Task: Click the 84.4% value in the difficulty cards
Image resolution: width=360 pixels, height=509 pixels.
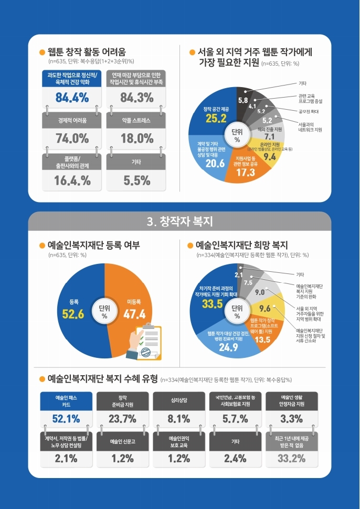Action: tap(72, 97)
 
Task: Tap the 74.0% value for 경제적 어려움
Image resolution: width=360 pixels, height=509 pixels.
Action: tap(72, 139)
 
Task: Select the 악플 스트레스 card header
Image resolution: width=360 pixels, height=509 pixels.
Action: tap(136, 120)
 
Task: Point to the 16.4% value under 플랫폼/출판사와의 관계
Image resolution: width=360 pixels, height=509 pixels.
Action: tap(72, 180)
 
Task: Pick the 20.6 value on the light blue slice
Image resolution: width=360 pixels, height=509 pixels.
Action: tap(215, 163)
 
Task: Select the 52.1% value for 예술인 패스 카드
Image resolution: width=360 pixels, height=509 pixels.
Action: tap(66, 418)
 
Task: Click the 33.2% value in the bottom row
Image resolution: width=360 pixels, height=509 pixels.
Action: tap(291, 458)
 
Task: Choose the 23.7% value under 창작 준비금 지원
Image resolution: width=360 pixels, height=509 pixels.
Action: tap(122, 418)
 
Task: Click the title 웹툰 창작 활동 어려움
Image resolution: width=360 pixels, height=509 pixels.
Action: tap(87, 52)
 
